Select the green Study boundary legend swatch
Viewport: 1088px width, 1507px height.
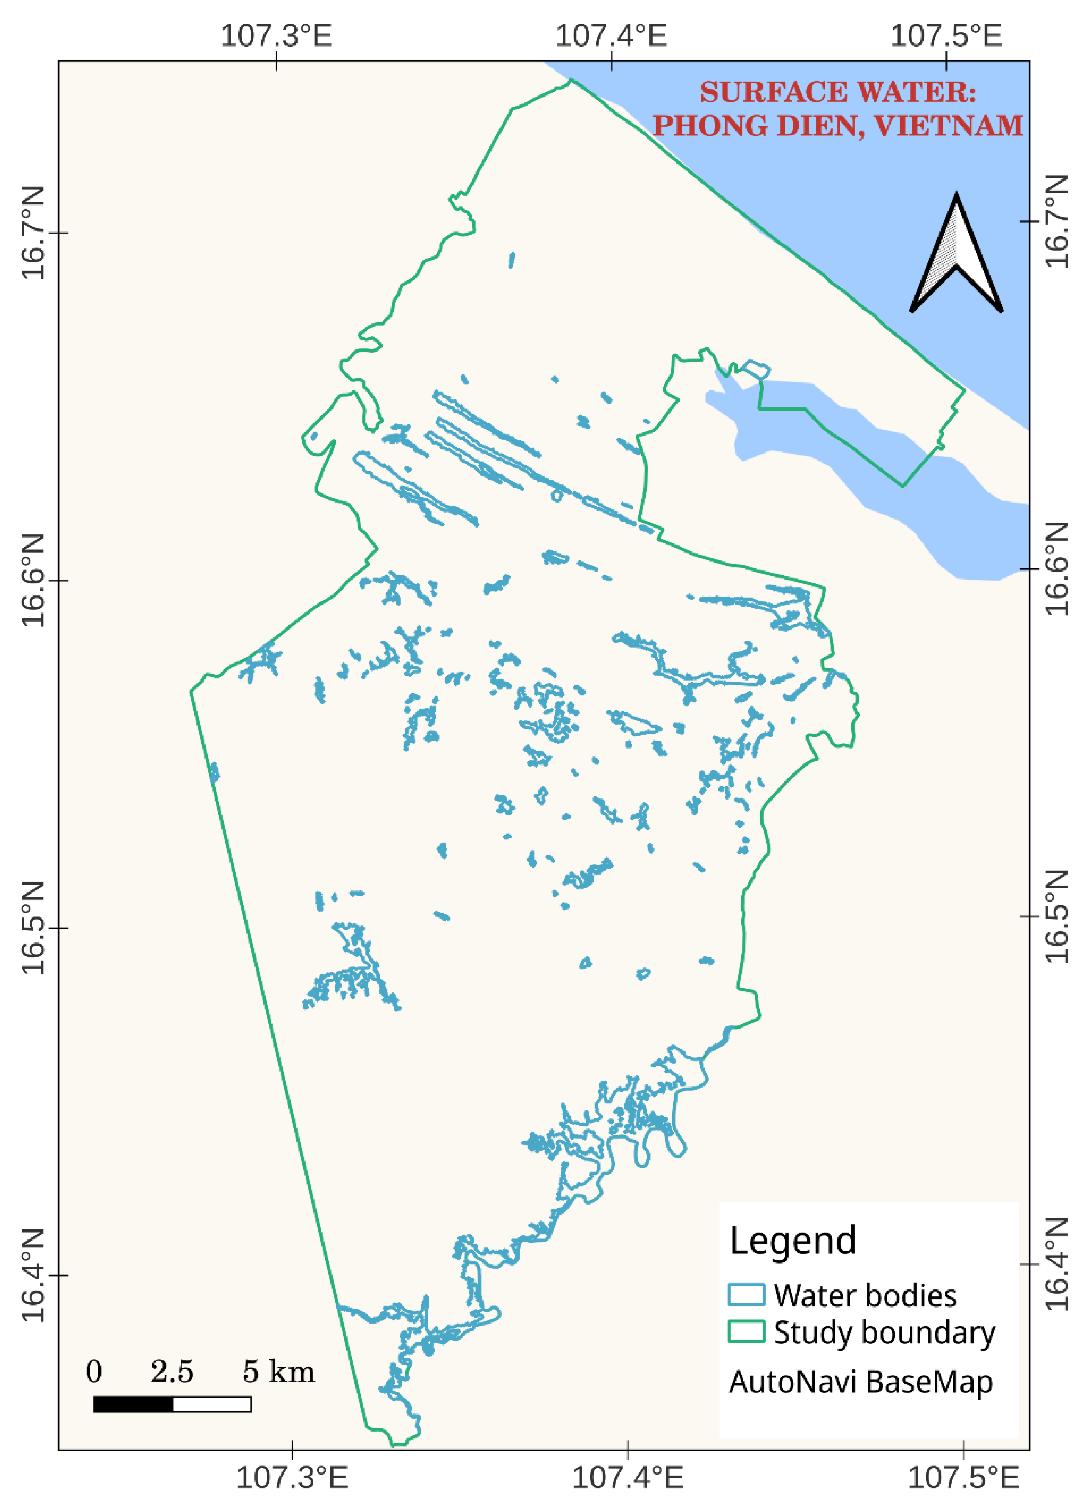pyautogui.click(x=746, y=1331)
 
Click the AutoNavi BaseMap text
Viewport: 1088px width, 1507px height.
pyautogui.click(x=861, y=1382)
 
